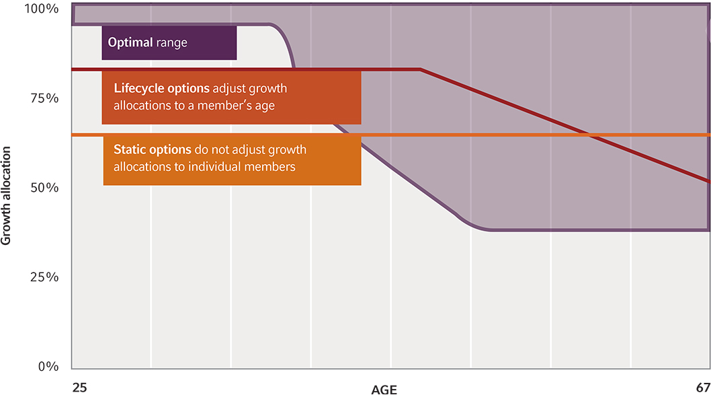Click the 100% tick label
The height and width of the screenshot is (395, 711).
point(41,9)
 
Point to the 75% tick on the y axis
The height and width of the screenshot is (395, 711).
point(44,98)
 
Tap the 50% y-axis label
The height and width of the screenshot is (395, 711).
point(44,188)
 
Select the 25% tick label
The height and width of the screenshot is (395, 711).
point(44,277)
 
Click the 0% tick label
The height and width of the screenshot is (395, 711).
point(48,366)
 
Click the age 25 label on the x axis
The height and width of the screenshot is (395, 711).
point(79,388)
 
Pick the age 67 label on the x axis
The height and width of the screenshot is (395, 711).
point(704,388)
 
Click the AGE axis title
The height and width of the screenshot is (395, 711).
point(384,390)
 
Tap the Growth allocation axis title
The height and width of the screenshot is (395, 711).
point(6,196)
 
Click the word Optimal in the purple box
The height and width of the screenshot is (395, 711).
point(130,42)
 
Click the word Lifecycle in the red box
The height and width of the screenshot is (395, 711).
point(139,89)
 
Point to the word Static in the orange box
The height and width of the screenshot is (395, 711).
point(130,149)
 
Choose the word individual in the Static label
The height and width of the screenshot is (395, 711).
point(214,167)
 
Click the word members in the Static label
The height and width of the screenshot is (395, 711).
point(269,167)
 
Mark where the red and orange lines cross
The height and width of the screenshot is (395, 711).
point(589,135)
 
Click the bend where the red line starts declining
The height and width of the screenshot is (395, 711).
point(420,69)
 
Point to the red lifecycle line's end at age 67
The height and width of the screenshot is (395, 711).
point(709,182)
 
